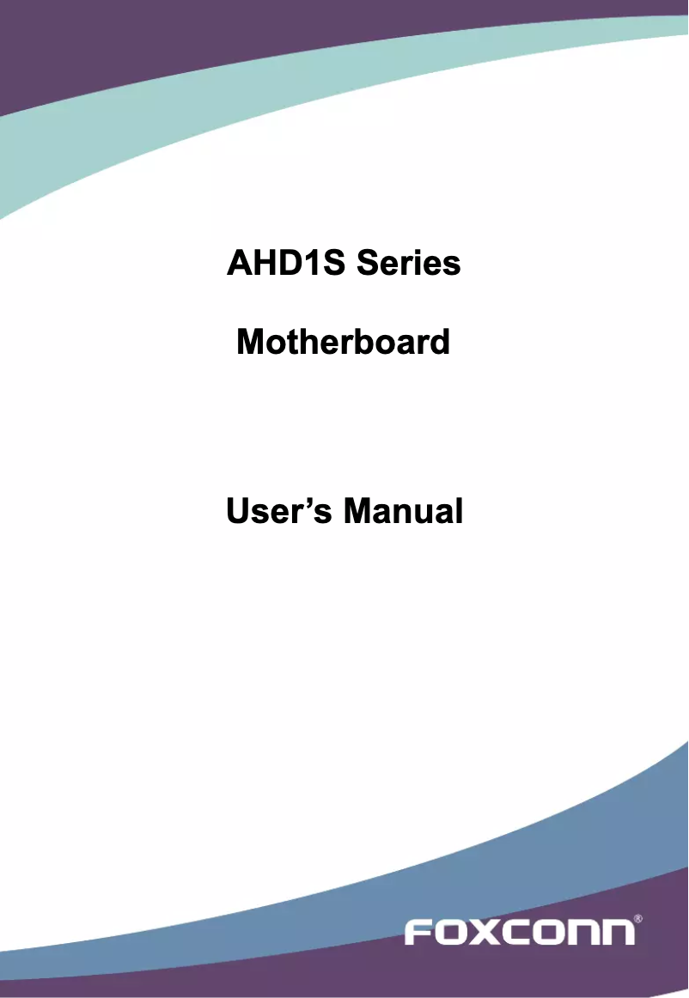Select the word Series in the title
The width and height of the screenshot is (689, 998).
pos(409,264)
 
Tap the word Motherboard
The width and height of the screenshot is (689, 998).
pos(343,342)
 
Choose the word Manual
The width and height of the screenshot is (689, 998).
pos(403,511)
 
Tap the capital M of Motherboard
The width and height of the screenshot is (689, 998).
pos(249,342)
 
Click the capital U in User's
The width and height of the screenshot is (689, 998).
pos(237,511)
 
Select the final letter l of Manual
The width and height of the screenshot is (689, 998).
pos(459,511)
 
